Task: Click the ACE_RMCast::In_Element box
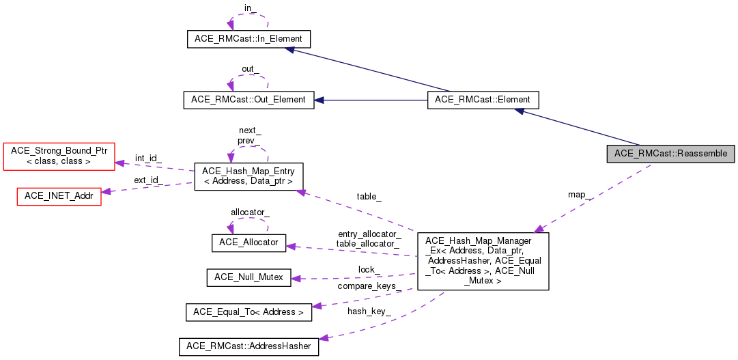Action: [249, 39]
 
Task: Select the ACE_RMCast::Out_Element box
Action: [249, 100]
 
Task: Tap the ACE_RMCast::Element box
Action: [483, 100]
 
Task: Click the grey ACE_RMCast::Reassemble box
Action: [670, 153]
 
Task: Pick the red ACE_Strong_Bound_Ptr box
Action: [59, 156]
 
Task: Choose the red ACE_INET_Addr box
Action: [58, 195]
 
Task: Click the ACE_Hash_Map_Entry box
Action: [249, 176]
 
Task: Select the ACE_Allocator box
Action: [249, 243]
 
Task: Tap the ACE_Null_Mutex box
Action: [249, 277]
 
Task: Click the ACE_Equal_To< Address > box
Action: [249, 312]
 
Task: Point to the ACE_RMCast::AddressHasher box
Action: [249, 346]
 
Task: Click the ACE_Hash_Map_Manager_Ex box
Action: [483, 260]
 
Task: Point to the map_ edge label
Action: [580, 195]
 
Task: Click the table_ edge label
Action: [369, 197]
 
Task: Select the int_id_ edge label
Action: [148, 158]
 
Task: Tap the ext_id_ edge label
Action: [147, 180]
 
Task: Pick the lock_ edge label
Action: [369, 269]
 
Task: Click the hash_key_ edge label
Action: [369, 311]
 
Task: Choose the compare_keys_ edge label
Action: [367, 286]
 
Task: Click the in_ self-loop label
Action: [250, 8]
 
